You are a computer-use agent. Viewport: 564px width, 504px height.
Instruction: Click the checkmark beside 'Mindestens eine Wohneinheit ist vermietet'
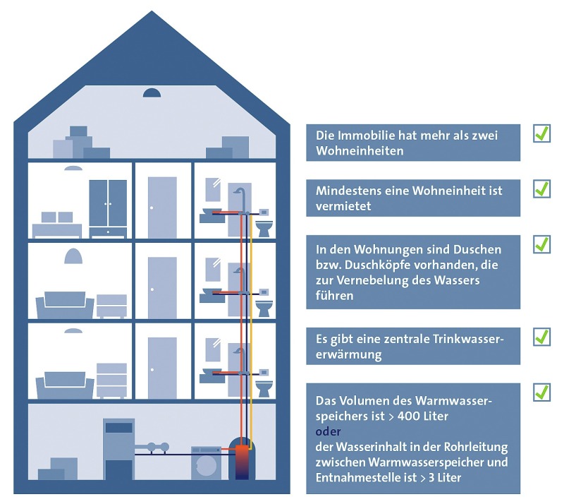[x=541, y=188]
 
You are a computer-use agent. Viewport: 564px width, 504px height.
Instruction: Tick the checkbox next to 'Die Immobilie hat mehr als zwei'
[x=541, y=133]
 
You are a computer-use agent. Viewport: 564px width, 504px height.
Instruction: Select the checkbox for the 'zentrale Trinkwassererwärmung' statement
[x=541, y=337]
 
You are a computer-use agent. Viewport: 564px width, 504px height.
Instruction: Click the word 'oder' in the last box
[x=328, y=431]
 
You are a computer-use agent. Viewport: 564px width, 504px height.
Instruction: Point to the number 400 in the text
[x=408, y=416]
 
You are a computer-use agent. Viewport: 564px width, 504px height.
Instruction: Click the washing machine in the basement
[x=206, y=463]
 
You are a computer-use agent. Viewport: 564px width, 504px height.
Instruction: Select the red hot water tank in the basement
[x=242, y=462]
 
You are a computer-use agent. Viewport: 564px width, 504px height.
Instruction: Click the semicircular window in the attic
[x=152, y=93]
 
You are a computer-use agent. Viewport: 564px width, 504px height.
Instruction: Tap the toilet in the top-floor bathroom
[x=264, y=229]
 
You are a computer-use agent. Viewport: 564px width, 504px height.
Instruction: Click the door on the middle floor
[x=162, y=287]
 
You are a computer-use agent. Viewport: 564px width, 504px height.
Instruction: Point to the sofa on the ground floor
[x=65, y=384]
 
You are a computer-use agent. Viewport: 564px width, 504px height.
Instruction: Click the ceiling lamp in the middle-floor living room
[x=73, y=256]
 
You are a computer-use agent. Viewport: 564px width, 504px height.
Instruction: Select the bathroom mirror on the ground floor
[x=213, y=349]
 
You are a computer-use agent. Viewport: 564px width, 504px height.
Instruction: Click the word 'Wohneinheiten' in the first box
[x=360, y=151]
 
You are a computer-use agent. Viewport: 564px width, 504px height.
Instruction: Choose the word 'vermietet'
[x=343, y=206]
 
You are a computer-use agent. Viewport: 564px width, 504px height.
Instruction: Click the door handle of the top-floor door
[x=152, y=208]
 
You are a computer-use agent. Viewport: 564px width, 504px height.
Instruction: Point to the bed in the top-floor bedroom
[x=57, y=225]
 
